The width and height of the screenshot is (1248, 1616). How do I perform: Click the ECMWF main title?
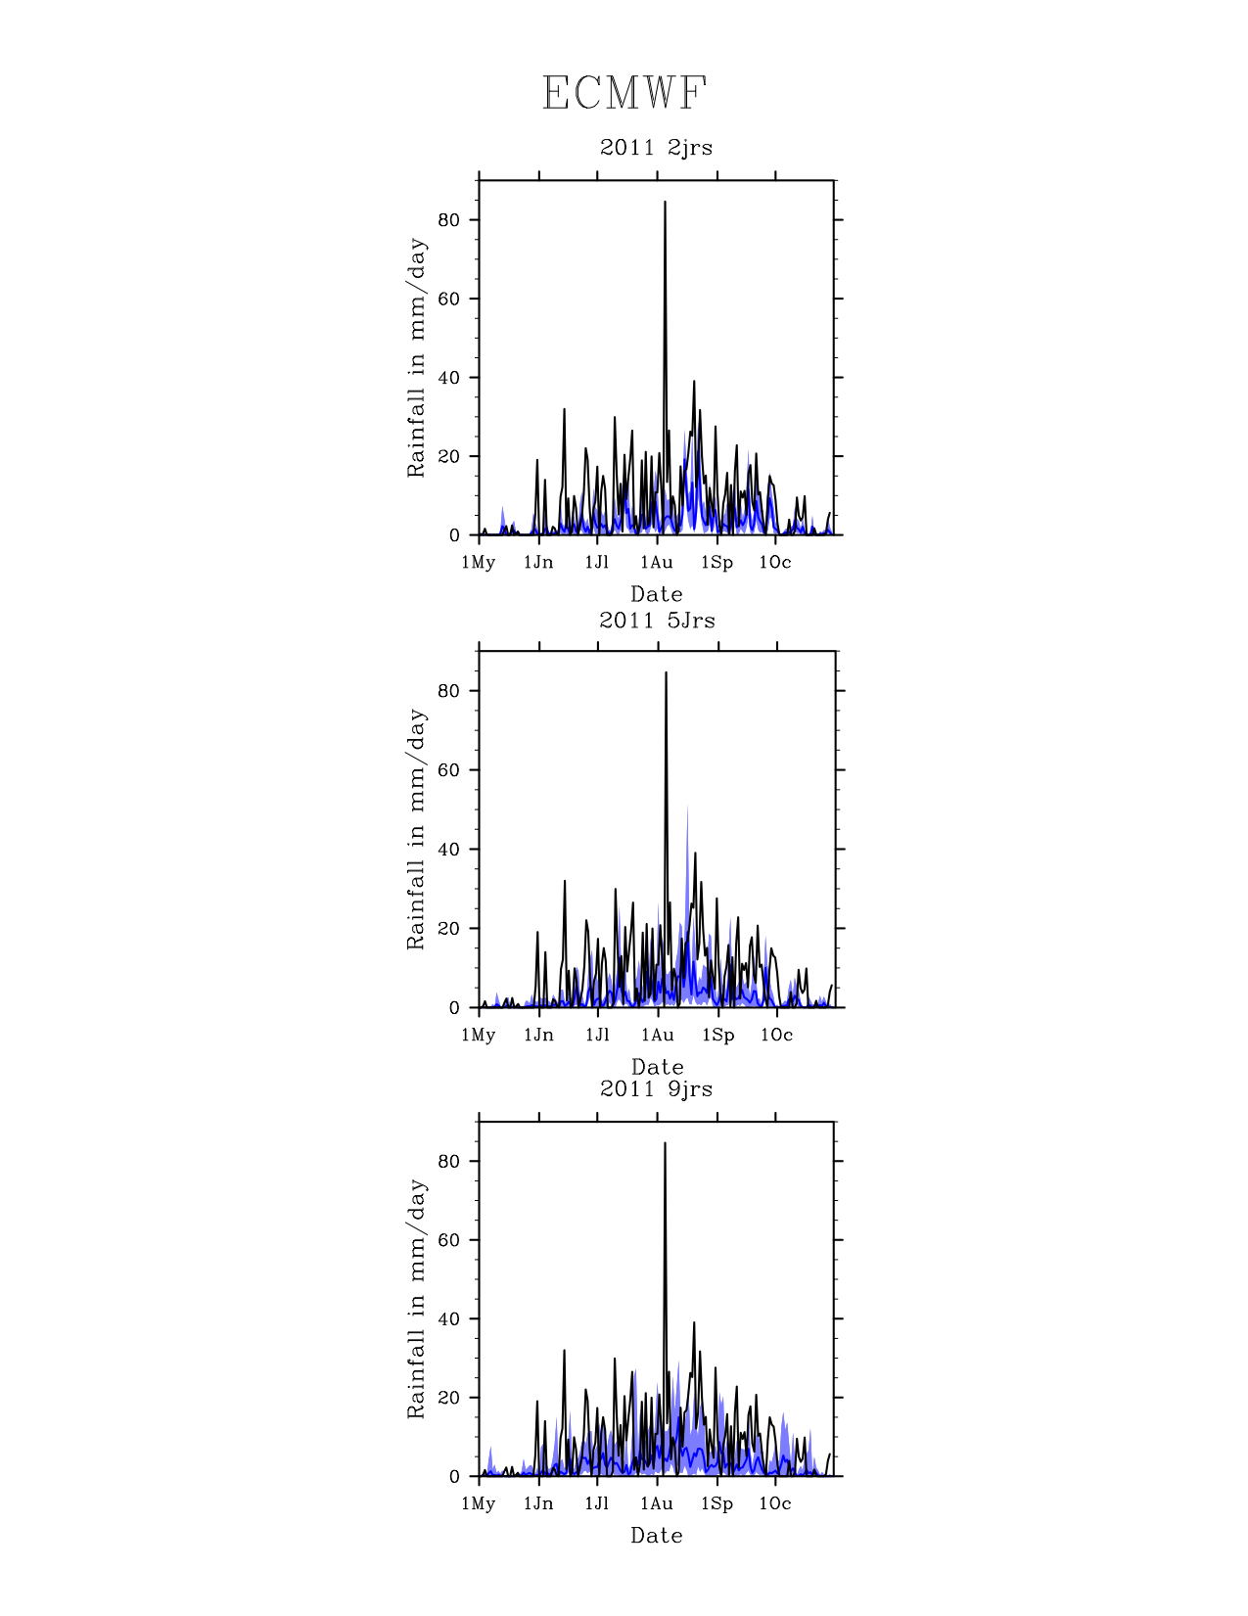(x=624, y=94)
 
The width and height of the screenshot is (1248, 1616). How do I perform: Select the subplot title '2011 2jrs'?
(x=656, y=148)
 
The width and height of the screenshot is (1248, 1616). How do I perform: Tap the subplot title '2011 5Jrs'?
(x=657, y=621)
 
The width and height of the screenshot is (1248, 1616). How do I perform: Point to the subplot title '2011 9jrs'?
(x=656, y=1089)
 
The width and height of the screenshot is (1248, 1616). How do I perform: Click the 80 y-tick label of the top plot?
(x=448, y=220)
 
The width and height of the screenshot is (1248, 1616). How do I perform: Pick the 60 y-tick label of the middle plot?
(x=448, y=770)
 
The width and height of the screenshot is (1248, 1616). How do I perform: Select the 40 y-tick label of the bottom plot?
(x=448, y=1319)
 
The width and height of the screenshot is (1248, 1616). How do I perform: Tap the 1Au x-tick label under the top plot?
(x=657, y=563)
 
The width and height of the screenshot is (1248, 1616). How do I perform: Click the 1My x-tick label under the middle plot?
(x=479, y=1036)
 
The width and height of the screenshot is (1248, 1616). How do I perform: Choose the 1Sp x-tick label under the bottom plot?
(x=716, y=1504)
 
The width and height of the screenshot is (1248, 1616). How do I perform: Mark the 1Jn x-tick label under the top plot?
(x=538, y=563)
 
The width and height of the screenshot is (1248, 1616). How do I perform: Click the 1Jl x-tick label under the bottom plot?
(x=597, y=1504)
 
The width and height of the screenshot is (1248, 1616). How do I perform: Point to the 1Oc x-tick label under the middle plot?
(x=776, y=1036)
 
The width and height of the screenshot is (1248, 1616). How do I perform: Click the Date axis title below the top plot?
(x=657, y=594)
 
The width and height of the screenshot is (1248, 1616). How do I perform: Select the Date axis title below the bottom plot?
(x=657, y=1536)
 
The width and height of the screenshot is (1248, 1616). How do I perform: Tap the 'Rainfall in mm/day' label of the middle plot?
(x=417, y=829)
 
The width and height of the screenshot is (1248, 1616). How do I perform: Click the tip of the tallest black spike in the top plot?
(x=665, y=202)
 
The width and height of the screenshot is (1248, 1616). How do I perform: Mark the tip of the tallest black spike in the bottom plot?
(x=665, y=1143)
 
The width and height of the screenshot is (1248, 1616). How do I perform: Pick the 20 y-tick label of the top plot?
(x=448, y=457)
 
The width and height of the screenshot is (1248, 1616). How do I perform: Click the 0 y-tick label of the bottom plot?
(x=454, y=1477)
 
